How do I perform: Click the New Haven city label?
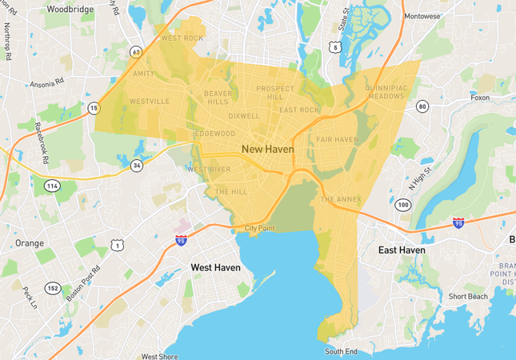pyautogui.click(x=267, y=150)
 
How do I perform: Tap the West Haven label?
pyautogui.click(x=214, y=267)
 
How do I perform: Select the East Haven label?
pyautogui.click(x=401, y=250)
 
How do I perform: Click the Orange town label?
pyautogui.click(x=30, y=243)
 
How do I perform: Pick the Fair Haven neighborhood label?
pyautogui.click(x=337, y=139)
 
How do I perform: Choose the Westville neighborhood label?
pyautogui.click(x=150, y=102)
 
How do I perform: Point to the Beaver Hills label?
pyautogui.click(x=218, y=97)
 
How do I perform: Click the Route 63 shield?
pyautogui.click(x=137, y=52)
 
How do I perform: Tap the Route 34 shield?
pyautogui.click(x=137, y=166)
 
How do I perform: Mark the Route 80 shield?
pyautogui.click(x=422, y=106)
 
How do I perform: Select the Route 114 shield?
pyautogui.click(x=52, y=186)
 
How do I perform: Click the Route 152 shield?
pyautogui.click(x=52, y=288)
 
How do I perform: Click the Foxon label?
pyautogui.click(x=480, y=98)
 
